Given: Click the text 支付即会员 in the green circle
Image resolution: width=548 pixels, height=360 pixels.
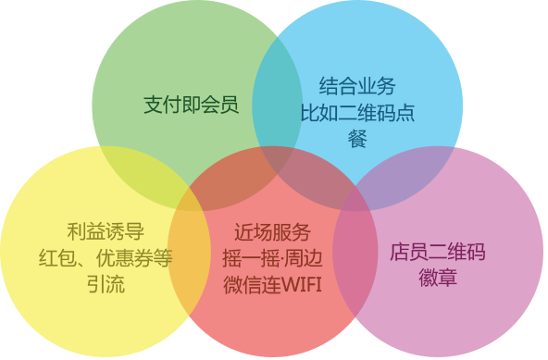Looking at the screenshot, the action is [x=192, y=103].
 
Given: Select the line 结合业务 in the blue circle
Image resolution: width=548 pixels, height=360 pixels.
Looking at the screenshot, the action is [x=357, y=87].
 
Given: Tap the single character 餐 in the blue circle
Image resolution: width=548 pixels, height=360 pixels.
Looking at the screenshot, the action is [x=357, y=139].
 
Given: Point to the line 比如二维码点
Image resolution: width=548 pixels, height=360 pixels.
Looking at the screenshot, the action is [x=357, y=113].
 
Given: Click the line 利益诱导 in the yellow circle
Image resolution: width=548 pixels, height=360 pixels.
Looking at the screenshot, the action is [x=106, y=231].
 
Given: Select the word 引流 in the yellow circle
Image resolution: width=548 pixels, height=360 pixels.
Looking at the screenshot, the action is [x=104, y=283].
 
